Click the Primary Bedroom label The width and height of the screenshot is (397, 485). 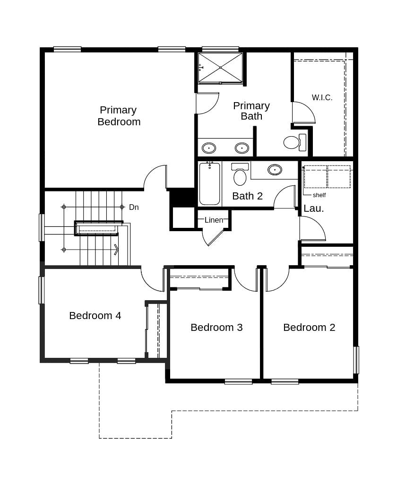coord(119,116)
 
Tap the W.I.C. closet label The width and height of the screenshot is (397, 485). coord(322,97)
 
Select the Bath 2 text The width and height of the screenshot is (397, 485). coord(247,196)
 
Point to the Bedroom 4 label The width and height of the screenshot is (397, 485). coord(95,315)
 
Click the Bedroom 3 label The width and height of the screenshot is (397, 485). coord(216,327)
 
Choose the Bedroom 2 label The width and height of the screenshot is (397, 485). coord(309,327)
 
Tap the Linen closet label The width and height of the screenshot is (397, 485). coord(214,220)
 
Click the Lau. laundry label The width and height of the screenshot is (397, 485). coord(313,208)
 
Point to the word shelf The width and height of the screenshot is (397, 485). coord(319,195)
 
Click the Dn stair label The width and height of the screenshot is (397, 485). coord(134,207)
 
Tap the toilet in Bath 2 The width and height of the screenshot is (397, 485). coord(240,174)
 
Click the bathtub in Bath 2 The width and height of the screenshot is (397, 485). coord(210,183)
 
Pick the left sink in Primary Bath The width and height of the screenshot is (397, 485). coord(209,148)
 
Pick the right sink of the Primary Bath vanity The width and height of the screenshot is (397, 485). coord(242,148)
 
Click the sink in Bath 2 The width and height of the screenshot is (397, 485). coord(275,170)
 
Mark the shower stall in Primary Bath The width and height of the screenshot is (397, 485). coord(220,68)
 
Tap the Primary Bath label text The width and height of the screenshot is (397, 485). coord(251,111)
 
